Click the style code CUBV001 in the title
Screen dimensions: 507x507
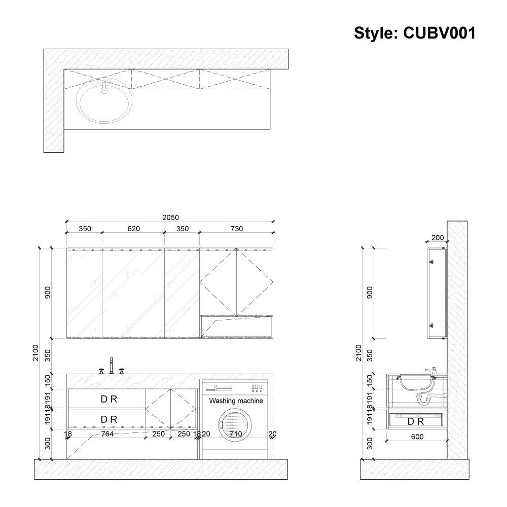pos(439,33)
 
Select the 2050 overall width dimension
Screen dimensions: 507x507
pos(170,218)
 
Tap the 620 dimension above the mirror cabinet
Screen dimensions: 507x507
pos(133,229)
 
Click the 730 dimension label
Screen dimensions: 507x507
pos(236,229)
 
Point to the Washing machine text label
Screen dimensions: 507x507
pos(236,401)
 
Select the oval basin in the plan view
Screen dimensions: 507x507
pos(105,103)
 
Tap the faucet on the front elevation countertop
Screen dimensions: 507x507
pos(112,365)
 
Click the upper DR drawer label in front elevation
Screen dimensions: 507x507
pos(109,399)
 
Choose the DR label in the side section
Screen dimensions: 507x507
pos(416,421)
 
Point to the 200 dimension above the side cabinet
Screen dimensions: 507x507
pos(437,237)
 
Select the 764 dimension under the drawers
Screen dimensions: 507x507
pos(107,434)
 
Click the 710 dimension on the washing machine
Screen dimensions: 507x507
pos(236,434)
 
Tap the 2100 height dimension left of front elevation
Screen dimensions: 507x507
pos(34,352)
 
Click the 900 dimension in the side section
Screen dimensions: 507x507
pos(370,293)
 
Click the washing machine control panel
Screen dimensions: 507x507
pos(236,388)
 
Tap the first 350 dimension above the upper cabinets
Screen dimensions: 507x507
pos(85,229)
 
